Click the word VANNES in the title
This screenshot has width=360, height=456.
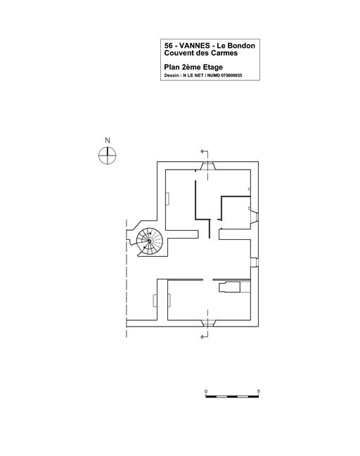coord(195,46)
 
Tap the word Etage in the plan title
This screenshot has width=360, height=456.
coord(213,67)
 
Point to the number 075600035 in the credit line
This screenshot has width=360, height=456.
coord(231,75)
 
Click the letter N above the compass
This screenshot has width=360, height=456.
coord(107,141)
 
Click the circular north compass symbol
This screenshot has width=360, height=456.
coord(107,156)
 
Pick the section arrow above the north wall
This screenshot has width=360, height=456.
coord(205,152)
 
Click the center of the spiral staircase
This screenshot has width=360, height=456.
coord(149,241)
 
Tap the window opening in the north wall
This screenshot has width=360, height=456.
coord(207,166)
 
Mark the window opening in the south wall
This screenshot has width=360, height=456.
coord(207,323)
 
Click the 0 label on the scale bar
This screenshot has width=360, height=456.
coord(206,391)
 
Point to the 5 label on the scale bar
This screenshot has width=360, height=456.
coord(258,391)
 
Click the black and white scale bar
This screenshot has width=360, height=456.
coord(232,396)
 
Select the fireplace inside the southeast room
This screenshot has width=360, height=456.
coord(229,287)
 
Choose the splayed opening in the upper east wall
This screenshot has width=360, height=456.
coord(255,217)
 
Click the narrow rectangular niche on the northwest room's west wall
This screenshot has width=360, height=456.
coord(167,198)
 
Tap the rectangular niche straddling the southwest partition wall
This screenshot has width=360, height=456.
coord(162,300)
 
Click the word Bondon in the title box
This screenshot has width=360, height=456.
coord(241,46)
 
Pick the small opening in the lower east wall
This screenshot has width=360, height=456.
coord(255,262)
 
